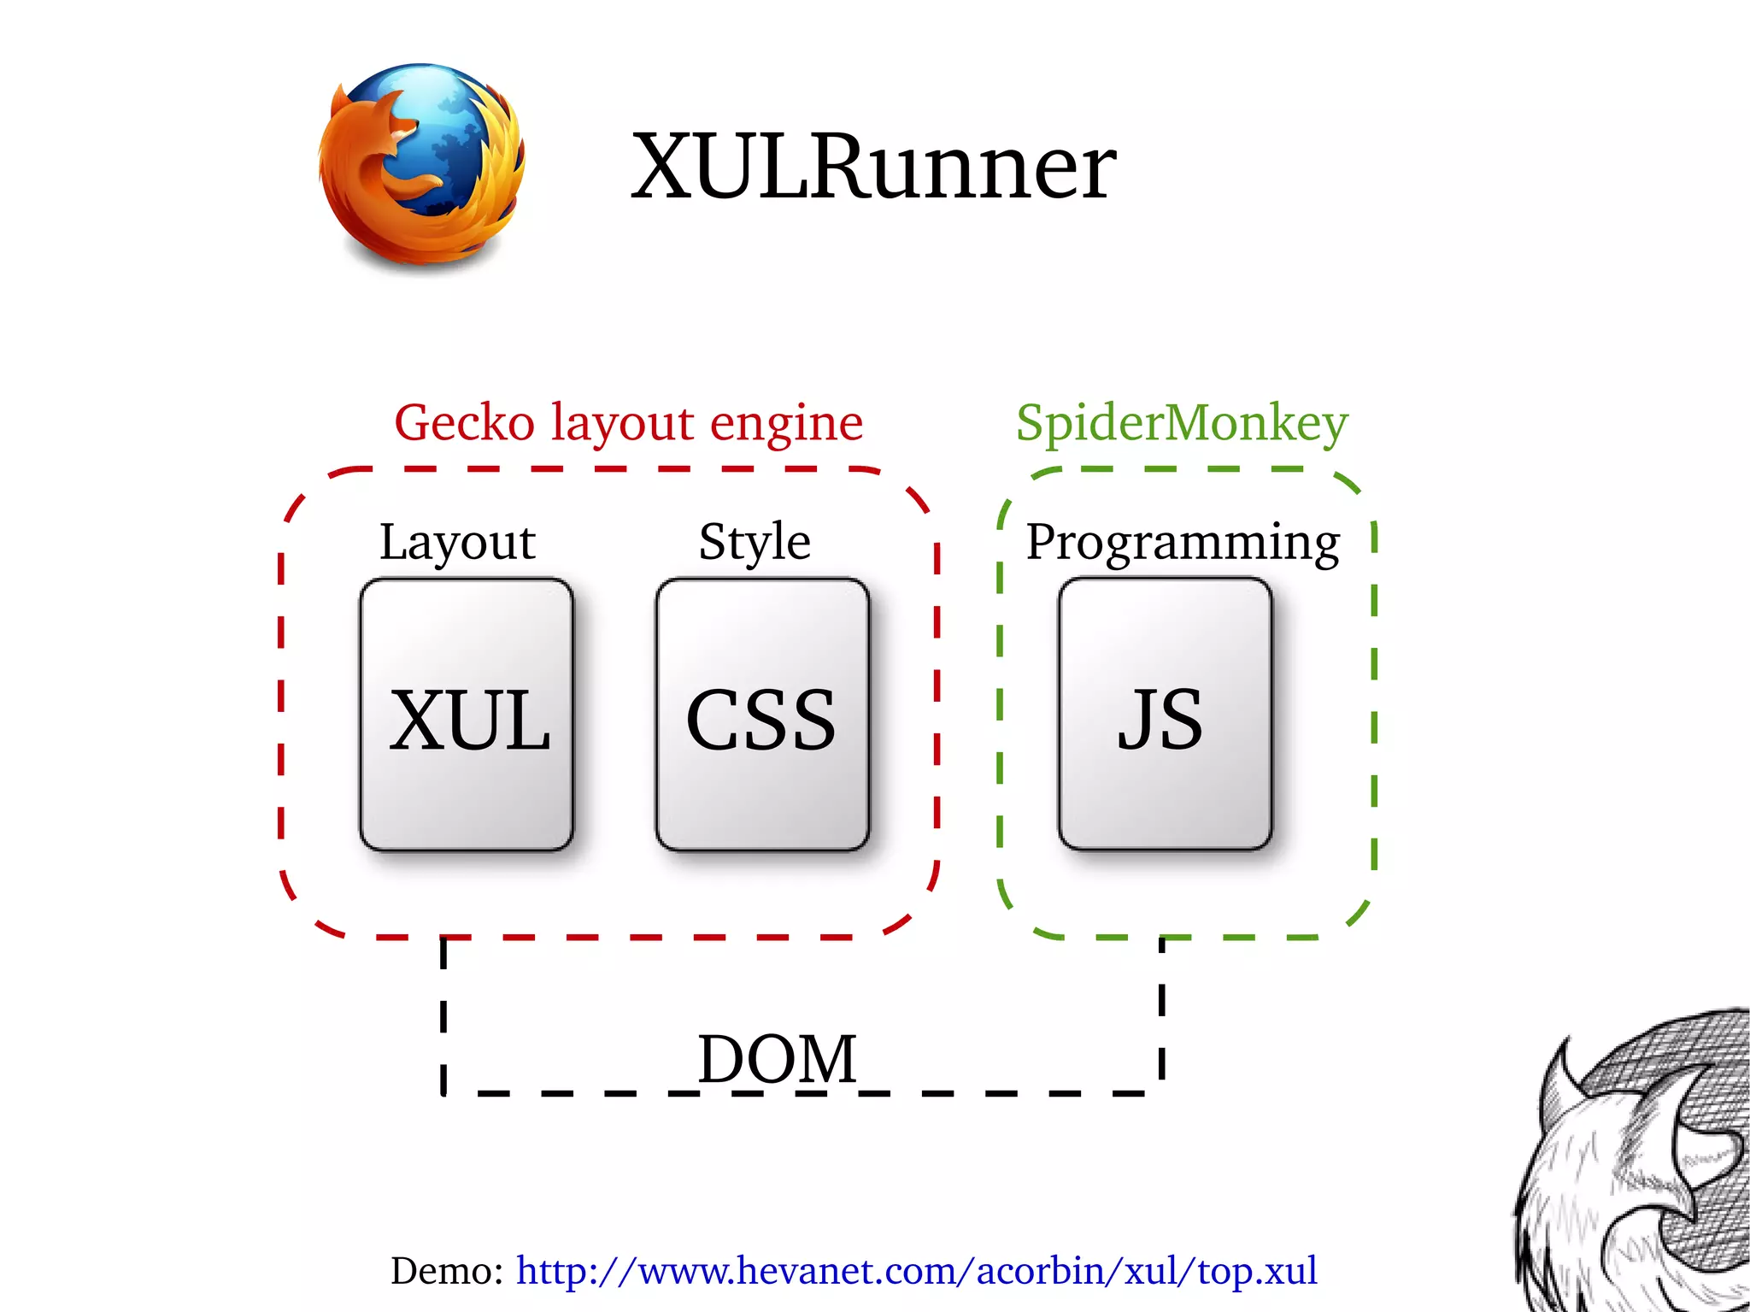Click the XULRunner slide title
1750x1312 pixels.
coord(873,167)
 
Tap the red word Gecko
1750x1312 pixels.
coord(464,423)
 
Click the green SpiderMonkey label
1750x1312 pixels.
coord(1181,424)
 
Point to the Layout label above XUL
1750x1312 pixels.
coord(457,543)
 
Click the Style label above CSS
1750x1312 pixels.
coord(755,543)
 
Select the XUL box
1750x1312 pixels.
coord(467,715)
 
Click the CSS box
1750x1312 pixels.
coord(762,715)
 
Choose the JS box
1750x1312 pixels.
coord(1165,715)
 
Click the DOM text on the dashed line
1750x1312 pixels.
coord(776,1059)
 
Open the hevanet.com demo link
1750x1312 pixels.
coord(916,1271)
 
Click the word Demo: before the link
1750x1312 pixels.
coord(447,1271)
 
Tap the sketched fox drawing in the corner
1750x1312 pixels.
coord(1641,1171)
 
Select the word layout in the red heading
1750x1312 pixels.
coord(621,425)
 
